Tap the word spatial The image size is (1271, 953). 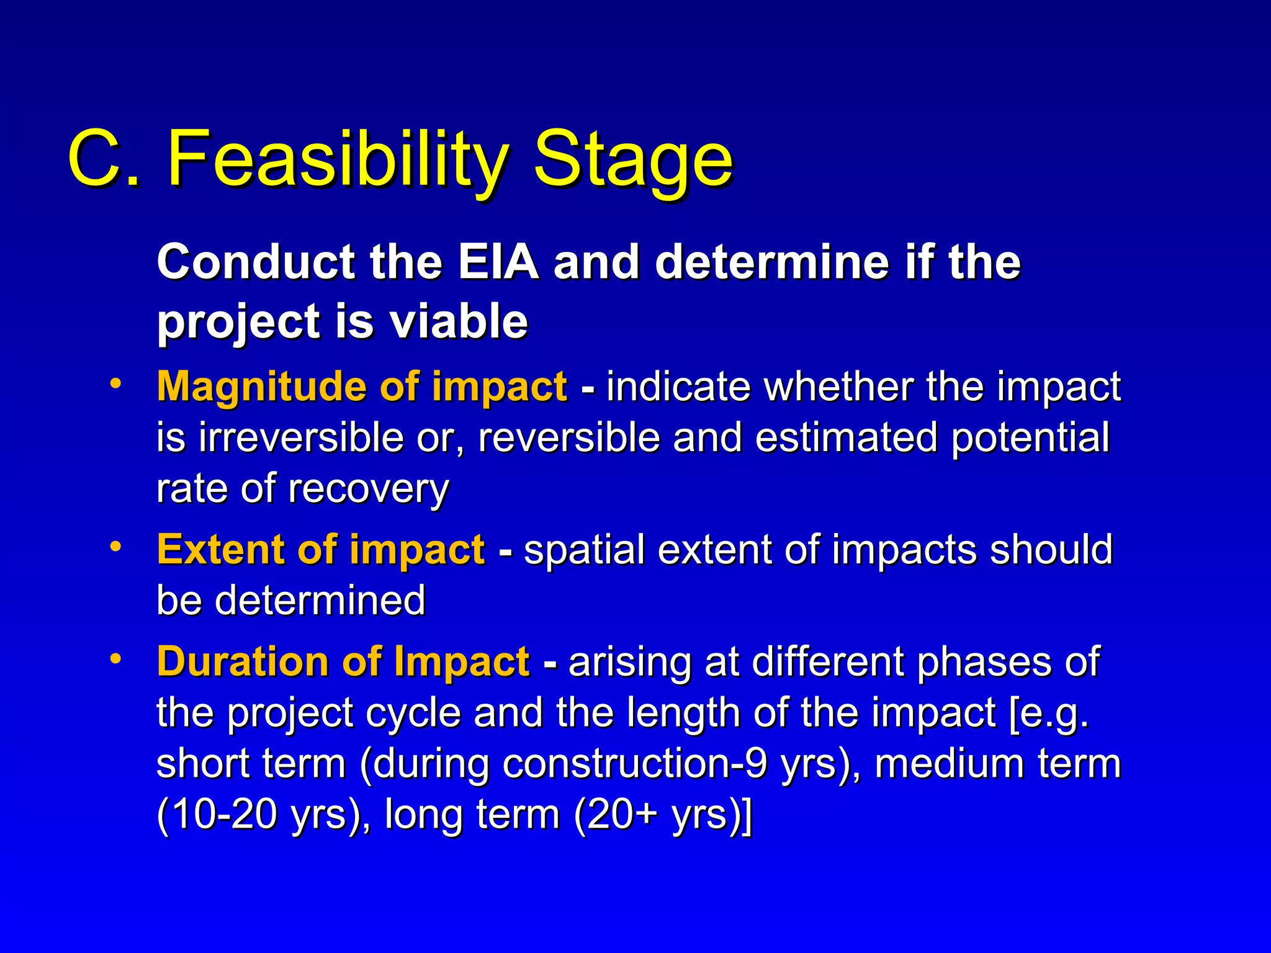584,550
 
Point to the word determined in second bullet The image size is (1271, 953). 320,601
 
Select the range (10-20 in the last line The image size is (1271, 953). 217,814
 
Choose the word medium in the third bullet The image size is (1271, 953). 949,763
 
